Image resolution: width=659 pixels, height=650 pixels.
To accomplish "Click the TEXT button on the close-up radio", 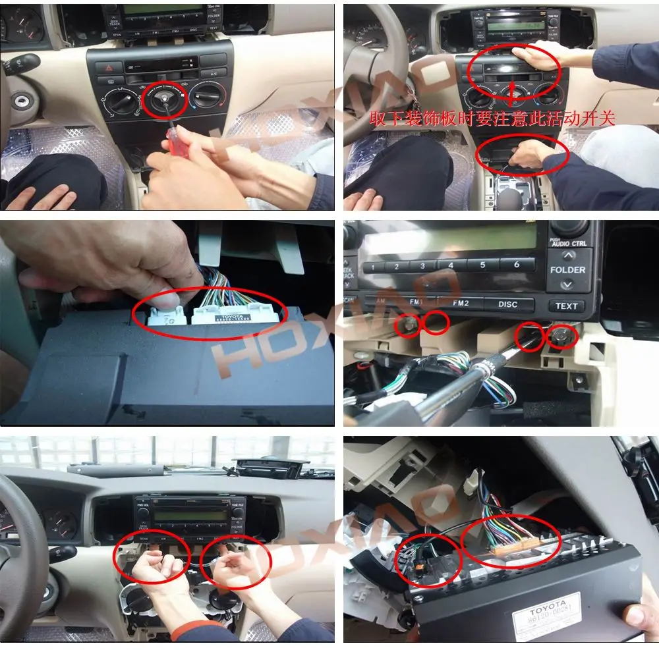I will pos(566,306).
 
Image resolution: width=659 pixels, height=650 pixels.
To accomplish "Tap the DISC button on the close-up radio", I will pos(507,304).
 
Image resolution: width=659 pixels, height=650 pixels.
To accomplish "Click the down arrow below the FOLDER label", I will pos(566,285).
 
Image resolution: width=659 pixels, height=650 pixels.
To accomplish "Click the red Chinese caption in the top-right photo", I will pos(492,119).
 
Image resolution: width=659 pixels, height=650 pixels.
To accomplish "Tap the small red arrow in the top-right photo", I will pos(512,92).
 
